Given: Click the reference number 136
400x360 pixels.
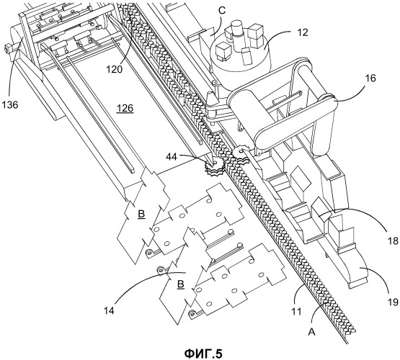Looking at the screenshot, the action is pyautogui.click(x=10, y=104).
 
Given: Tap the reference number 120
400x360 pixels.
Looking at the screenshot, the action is pyautogui.click(x=115, y=69).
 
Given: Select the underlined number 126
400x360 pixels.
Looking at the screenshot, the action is pyautogui.click(x=125, y=109).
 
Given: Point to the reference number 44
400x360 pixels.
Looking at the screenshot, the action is pyautogui.click(x=172, y=157).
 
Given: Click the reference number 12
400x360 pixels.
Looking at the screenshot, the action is pyautogui.click(x=303, y=32).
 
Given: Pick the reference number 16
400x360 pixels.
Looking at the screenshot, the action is pyautogui.click(x=370, y=78).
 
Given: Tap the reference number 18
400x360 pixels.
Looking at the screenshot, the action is pyautogui.click(x=392, y=240).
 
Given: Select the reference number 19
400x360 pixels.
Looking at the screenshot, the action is pyautogui.click(x=393, y=302).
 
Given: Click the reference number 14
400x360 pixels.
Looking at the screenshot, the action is pyautogui.click(x=109, y=310).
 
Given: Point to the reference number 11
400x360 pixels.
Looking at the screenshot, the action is pyautogui.click(x=296, y=311).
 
